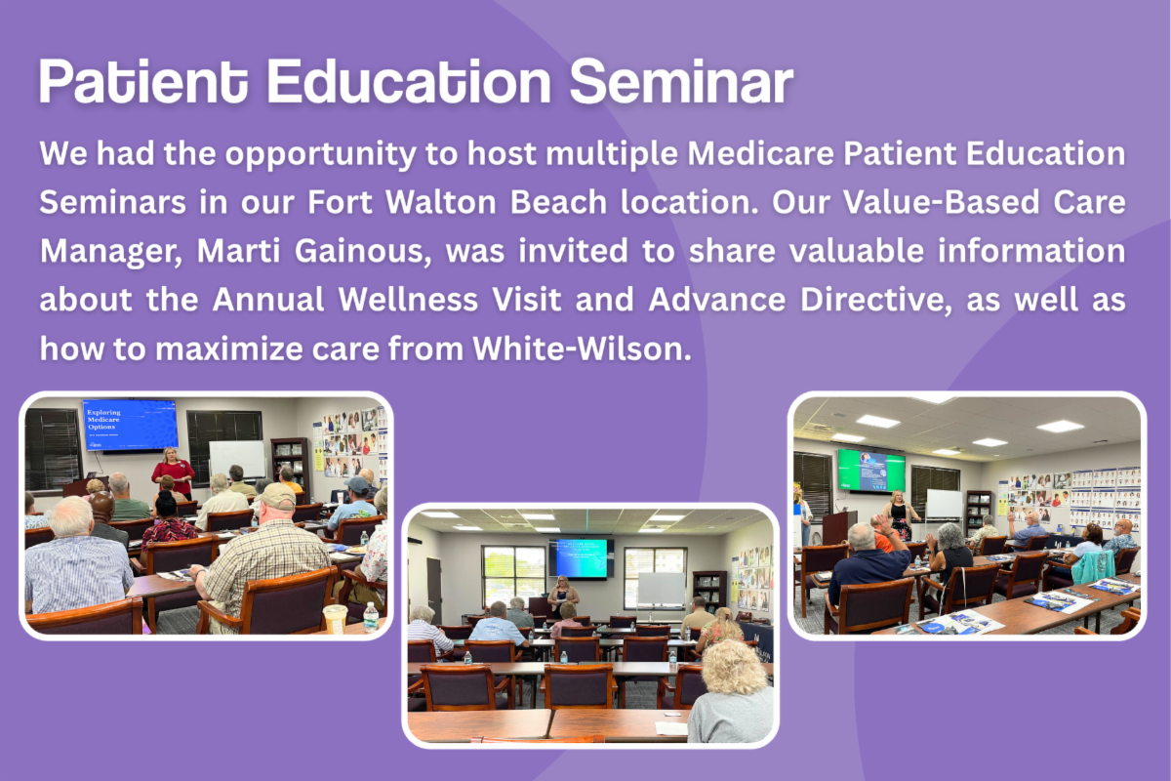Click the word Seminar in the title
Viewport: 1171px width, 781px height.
point(681,82)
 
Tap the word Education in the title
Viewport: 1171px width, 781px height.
point(409,81)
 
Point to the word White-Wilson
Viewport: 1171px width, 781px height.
point(582,349)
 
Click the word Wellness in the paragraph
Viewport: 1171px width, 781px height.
point(408,299)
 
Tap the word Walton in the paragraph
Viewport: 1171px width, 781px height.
point(441,202)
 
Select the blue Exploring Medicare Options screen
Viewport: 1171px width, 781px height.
point(130,425)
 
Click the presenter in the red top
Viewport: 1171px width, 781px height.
point(173,473)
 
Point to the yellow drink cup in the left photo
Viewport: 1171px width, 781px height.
point(335,618)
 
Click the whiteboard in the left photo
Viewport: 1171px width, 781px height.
point(237,460)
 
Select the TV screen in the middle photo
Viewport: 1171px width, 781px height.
point(582,558)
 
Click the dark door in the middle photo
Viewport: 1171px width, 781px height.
point(434,587)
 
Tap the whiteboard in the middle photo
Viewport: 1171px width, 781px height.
point(661,590)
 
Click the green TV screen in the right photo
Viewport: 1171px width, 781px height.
point(871,471)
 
